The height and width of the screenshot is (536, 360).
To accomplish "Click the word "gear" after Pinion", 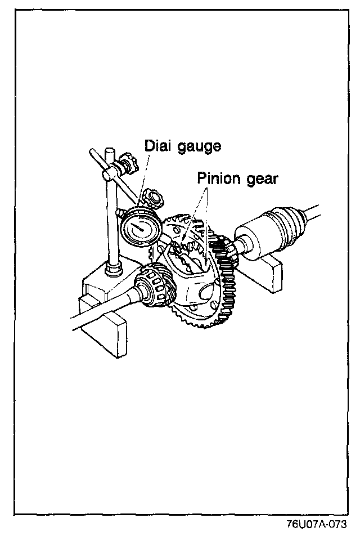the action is click(264, 180).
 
